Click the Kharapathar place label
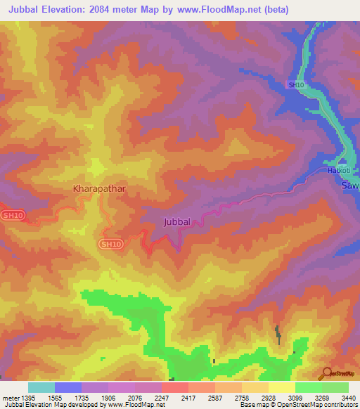(100, 189)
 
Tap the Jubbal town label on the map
(176, 221)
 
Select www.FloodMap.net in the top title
(216, 11)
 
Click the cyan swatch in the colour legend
(41, 387)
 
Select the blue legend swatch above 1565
(68, 387)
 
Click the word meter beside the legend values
(11, 398)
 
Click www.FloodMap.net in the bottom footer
(134, 405)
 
